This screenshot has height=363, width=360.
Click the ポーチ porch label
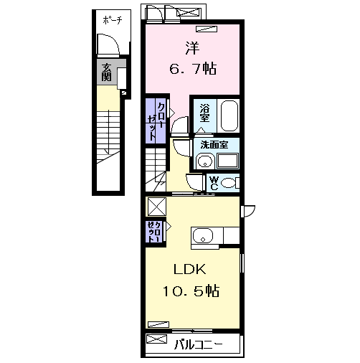point(113,20)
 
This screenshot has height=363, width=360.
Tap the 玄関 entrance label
point(106,72)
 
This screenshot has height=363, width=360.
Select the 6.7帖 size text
point(193,69)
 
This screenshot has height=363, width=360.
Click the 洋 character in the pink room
point(193,48)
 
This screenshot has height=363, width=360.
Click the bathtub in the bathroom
point(229,115)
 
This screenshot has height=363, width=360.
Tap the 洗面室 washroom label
point(214,145)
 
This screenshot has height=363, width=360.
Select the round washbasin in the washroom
point(205,161)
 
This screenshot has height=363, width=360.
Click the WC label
point(214,183)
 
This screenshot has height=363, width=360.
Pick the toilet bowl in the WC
point(228,183)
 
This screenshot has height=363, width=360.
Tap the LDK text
point(189,269)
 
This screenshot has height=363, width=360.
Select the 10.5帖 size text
point(191,291)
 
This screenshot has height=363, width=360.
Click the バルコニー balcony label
point(198,345)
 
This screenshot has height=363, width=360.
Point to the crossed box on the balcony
point(156,339)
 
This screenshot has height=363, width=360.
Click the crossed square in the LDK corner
point(157,207)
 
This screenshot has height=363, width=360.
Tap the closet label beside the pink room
point(156,121)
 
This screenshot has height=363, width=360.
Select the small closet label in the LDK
point(154,232)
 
